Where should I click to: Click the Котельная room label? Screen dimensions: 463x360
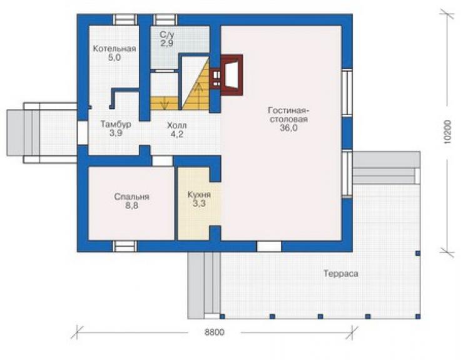pos(114,48)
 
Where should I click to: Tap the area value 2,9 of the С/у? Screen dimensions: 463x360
pos(167,43)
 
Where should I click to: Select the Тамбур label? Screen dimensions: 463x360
pos(116,124)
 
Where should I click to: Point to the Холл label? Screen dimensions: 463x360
pos(176,125)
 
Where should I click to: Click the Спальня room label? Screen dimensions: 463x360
pos(131,197)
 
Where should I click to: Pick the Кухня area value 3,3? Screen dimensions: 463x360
pos(200,203)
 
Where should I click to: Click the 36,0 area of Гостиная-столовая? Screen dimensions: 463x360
pos(288,128)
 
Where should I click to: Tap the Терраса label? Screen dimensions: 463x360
pos(341,274)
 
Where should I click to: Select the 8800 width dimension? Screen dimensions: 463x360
pos(215,332)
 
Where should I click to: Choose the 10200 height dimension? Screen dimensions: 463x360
pos(447,132)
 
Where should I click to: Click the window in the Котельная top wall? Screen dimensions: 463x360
pos(125,20)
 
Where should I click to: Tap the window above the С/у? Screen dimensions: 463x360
pos(165,20)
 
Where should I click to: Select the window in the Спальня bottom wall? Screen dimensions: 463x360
pos(125,246)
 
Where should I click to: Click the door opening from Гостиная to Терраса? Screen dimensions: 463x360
pos(268,246)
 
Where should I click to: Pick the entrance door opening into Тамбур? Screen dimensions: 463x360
pos(83,133)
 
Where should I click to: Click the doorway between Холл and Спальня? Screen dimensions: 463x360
pos(162,161)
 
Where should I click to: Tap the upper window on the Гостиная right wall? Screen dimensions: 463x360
pos(347,93)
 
